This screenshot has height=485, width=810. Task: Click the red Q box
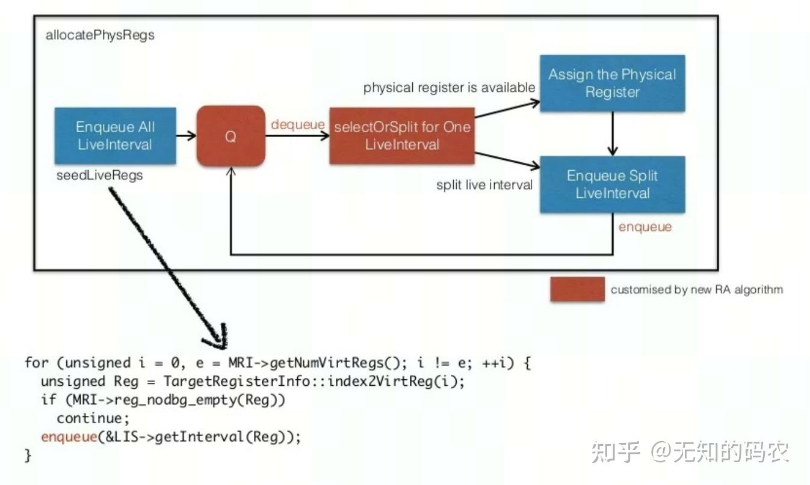point(230,136)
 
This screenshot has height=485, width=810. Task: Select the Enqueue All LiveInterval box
point(115,136)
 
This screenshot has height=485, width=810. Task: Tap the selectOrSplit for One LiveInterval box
point(402,136)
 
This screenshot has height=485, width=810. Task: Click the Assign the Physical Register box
point(612,84)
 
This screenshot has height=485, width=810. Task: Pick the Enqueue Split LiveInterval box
point(612,185)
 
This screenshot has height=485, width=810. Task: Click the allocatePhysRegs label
point(100,35)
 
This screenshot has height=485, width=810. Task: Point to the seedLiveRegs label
point(99,175)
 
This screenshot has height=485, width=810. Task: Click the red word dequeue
point(297,124)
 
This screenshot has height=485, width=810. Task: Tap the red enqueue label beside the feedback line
point(645,227)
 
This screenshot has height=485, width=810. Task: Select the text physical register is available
point(449,88)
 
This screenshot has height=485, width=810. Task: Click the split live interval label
point(484,185)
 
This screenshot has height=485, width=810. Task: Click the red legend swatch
point(577,289)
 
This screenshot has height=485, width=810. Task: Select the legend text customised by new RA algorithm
point(697,290)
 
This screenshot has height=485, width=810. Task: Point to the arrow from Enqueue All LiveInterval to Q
point(186,136)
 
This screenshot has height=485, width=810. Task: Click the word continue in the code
point(93,418)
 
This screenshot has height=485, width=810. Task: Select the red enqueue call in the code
point(69,437)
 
